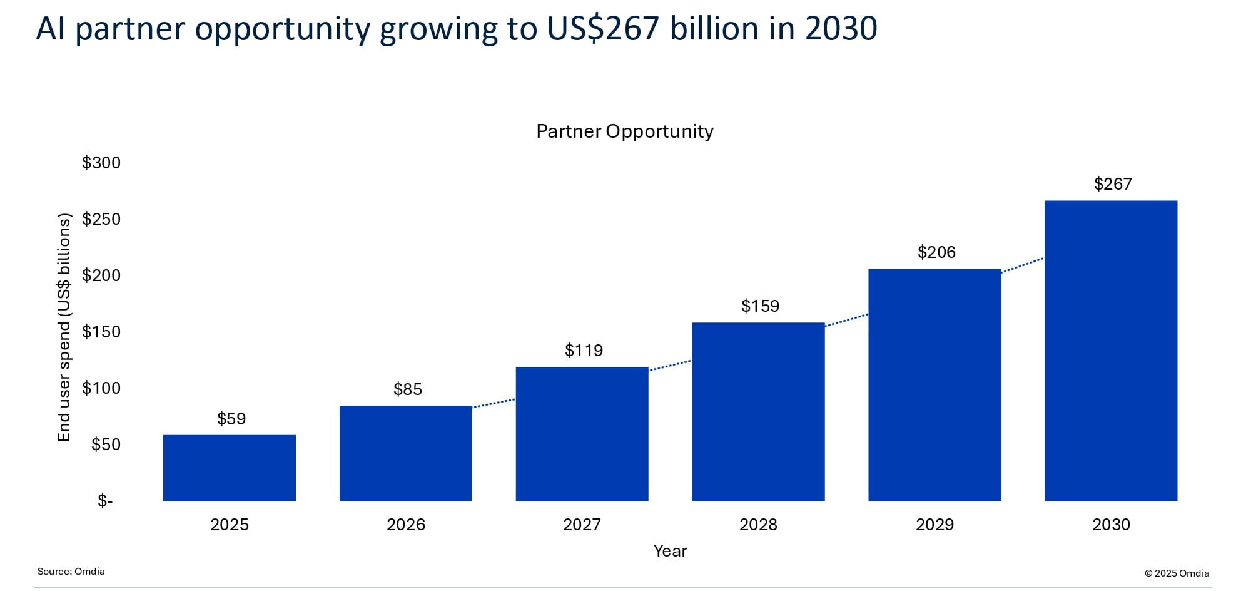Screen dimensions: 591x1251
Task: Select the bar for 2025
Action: (229, 468)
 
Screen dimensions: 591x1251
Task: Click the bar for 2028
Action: (758, 411)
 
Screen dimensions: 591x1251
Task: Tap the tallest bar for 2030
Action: (1111, 351)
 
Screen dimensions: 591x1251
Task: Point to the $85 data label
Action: (408, 389)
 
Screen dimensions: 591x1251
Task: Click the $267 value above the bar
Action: (1113, 184)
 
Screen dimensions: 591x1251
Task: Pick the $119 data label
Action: (584, 351)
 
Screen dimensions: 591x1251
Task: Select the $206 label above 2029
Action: (936, 252)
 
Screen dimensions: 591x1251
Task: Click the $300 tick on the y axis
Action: (101, 163)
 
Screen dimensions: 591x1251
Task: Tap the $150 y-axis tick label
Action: (101, 332)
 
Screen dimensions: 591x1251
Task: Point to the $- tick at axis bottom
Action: (105, 501)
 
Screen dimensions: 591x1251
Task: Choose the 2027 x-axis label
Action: (582, 525)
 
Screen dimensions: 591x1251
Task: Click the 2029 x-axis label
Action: (934, 525)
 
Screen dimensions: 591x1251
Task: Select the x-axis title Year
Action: (670, 551)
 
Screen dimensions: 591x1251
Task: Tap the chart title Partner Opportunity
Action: (624, 131)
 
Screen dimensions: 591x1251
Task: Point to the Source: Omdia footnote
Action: (71, 572)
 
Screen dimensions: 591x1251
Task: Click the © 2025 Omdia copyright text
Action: (1177, 573)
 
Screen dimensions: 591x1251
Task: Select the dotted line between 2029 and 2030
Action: (1023, 265)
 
